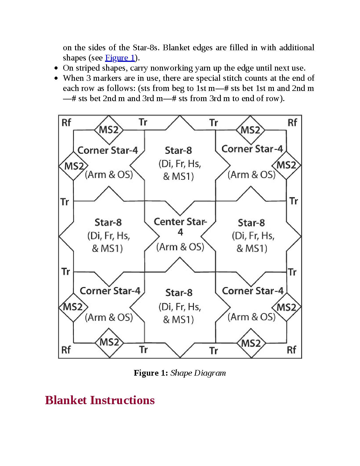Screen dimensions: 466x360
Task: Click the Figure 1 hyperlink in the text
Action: coord(120,58)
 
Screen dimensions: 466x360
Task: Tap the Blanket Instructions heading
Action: coord(100,400)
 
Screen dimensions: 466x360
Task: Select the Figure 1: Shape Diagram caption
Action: coord(180,373)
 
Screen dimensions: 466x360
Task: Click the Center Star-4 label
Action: coord(180,227)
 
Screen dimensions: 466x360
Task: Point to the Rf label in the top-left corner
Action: coord(66,123)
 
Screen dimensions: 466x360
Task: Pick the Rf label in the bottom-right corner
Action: coord(291,350)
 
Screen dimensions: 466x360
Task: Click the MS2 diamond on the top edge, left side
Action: coord(109,130)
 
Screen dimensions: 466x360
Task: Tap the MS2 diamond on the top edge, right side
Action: coord(250,130)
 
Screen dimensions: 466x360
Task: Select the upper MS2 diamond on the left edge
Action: coord(73,166)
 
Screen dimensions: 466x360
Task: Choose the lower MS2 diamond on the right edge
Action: coord(286,307)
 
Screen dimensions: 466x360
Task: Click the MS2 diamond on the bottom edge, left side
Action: coord(109,342)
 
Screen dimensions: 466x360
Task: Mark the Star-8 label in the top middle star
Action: coord(178,150)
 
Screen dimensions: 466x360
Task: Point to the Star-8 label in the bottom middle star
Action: coord(179,292)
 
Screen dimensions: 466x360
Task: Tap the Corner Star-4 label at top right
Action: coord(252,149)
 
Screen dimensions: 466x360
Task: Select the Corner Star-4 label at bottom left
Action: coord(110,291)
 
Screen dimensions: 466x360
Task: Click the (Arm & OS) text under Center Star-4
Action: coord(180,247)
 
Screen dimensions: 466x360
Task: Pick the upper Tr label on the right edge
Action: coord(294,201)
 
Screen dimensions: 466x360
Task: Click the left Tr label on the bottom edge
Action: coord(143,350)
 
